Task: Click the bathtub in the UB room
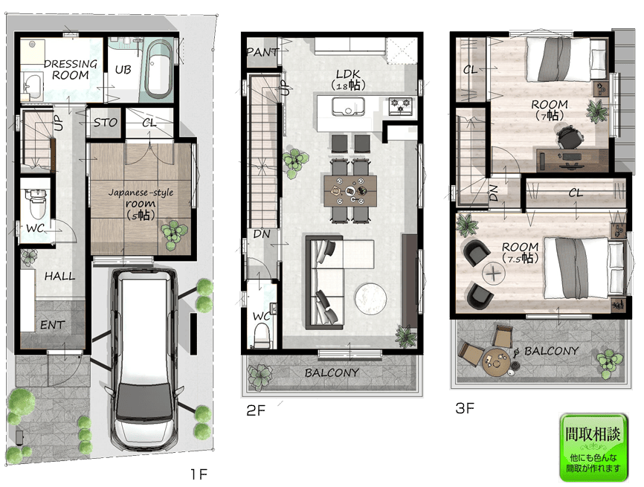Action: tap(159, 69)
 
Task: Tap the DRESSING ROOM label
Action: tap(71, 69)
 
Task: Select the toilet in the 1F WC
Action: tap(37, 203)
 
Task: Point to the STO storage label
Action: tap(105, 123)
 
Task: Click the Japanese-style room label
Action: tap(141, 203)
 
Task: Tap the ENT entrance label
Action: tap(52, 325)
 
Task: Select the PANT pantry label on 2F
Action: tap(263, 52)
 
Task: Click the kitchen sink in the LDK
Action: tap(348, 106)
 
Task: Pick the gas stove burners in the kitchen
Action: tap(400, 105)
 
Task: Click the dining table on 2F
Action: tap(350, 191)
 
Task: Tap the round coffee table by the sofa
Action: tap(370, 299)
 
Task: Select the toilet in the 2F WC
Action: tap(262, 335)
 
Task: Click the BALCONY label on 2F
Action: tap(332, 372)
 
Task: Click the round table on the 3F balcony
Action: tap(496, 362)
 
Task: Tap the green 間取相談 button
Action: tap(593, 447)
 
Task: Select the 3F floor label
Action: tap(465, 408)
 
